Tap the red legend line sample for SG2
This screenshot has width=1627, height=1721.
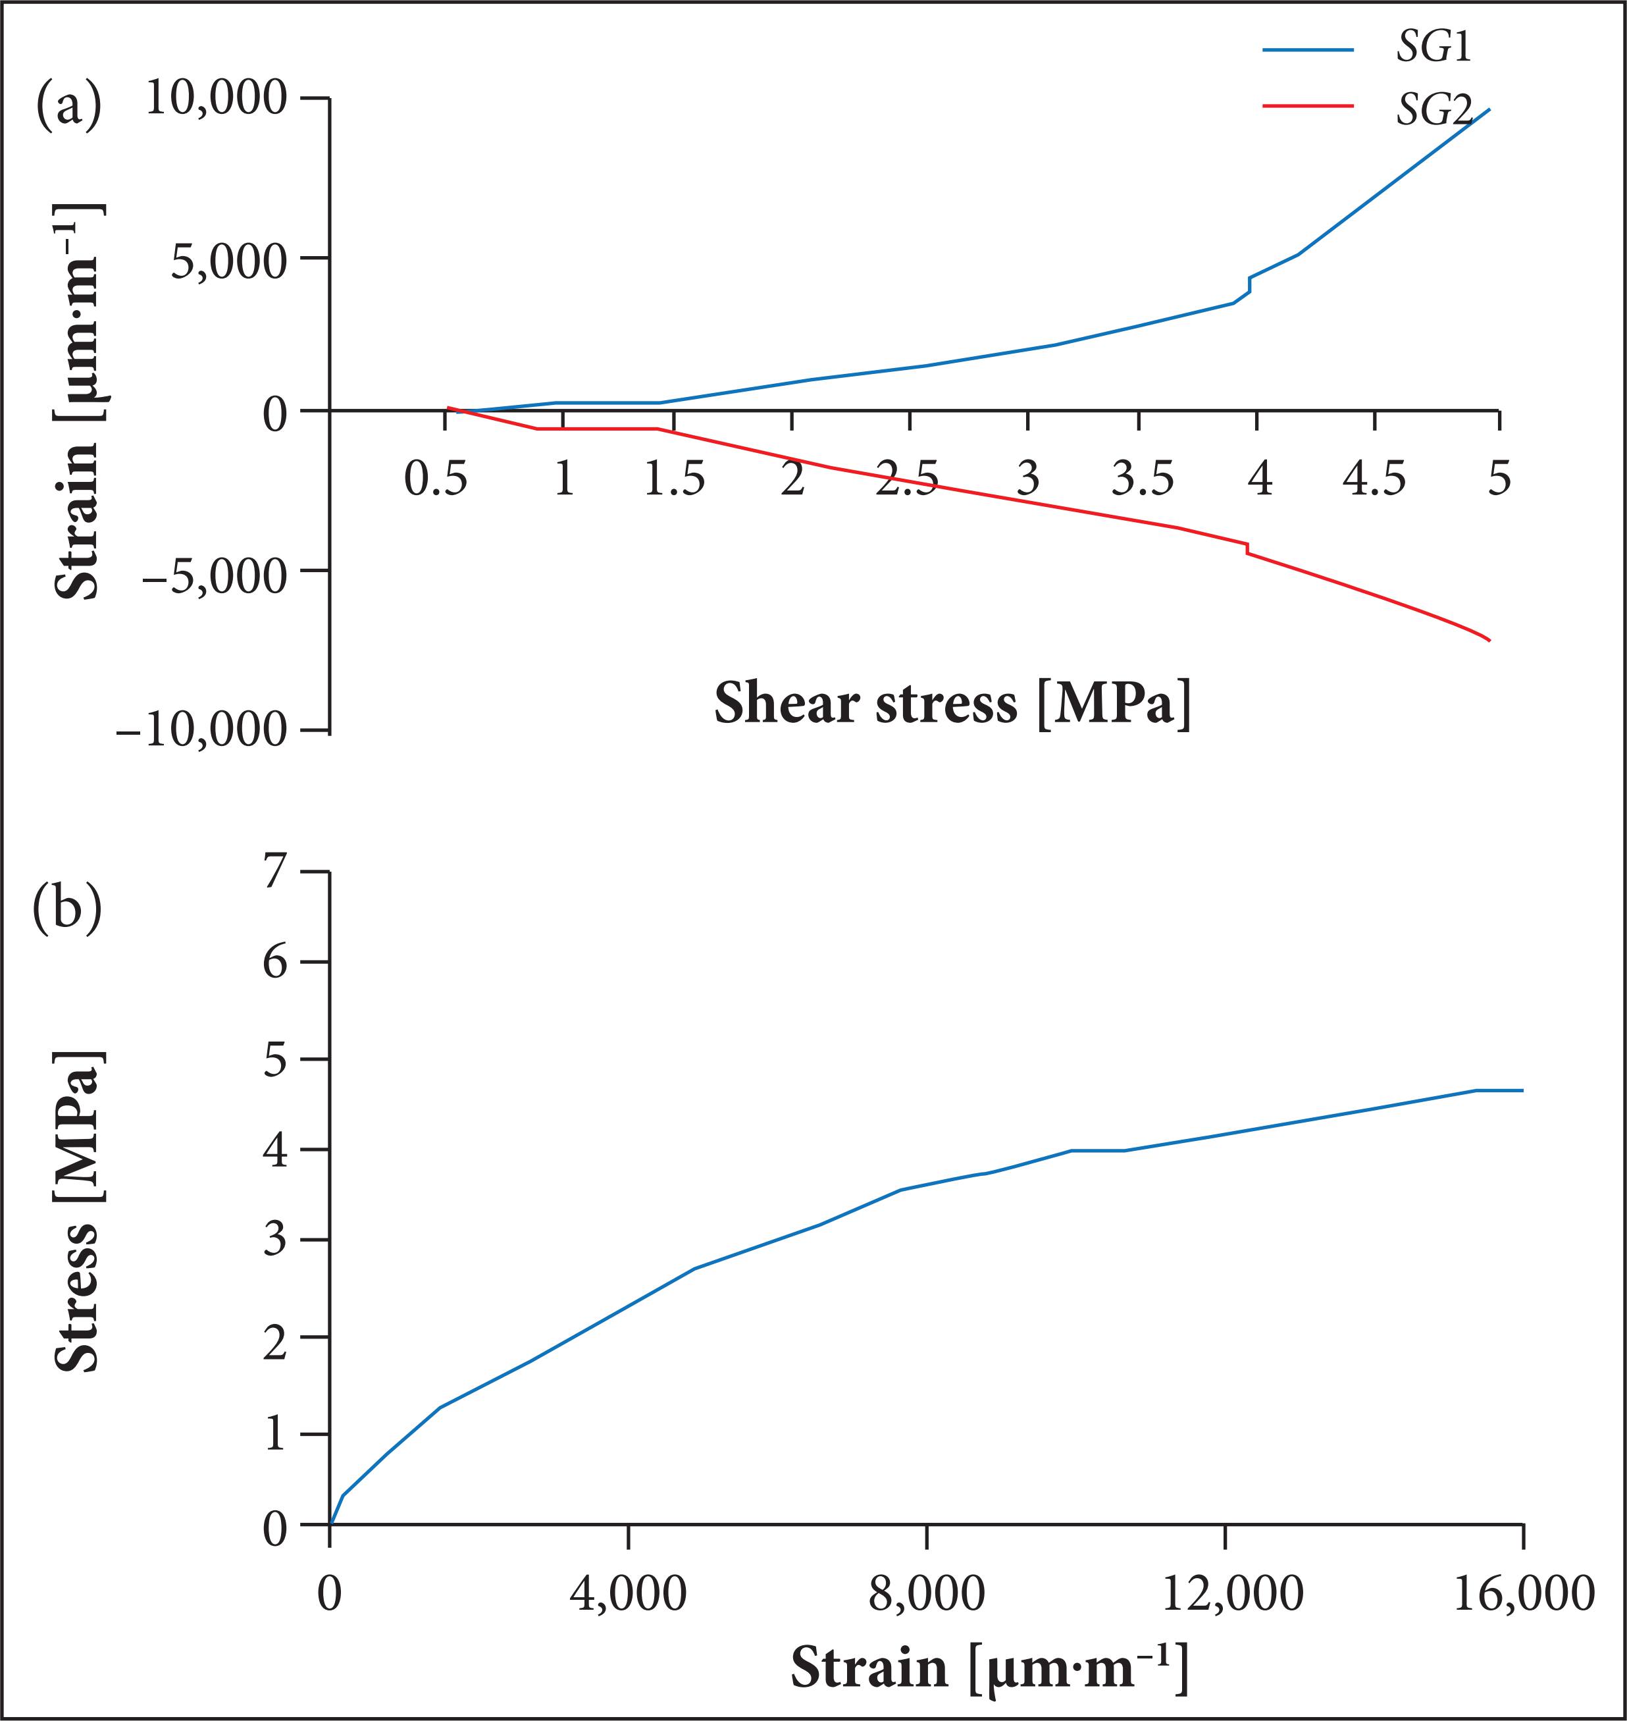point(1307,106)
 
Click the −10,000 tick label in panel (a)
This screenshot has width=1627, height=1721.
point(201,730)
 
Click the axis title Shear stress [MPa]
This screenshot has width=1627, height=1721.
point(952,704)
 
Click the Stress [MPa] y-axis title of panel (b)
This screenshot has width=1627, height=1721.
point(78,1212)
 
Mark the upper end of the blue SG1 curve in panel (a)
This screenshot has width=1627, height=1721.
point(1489,109)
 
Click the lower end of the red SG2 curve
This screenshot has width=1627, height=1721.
point(1489,640)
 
